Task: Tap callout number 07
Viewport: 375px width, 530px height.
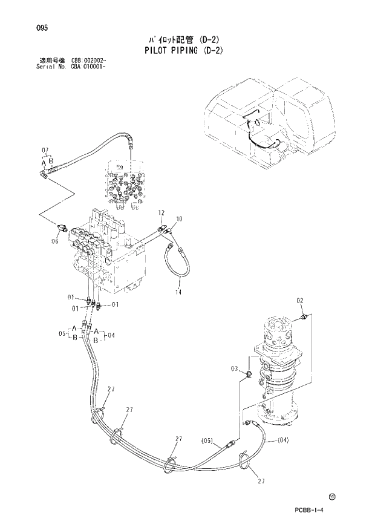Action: pos(45,150)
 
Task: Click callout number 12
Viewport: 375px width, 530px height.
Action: pos(161,213)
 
